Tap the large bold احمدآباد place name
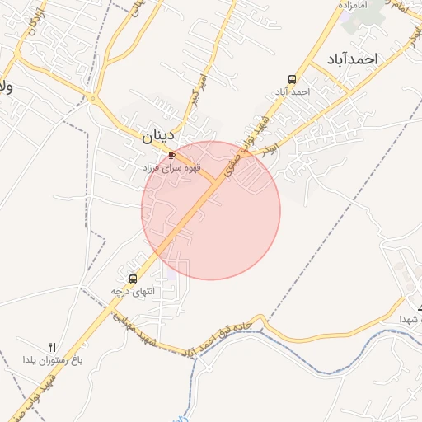point(350,59)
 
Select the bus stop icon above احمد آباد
point(293,79)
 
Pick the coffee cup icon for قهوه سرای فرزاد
point(172,155)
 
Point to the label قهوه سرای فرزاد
point(171,167)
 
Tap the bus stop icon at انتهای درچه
point(134,279)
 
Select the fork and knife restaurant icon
point(53,347)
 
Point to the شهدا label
point(411,318)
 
